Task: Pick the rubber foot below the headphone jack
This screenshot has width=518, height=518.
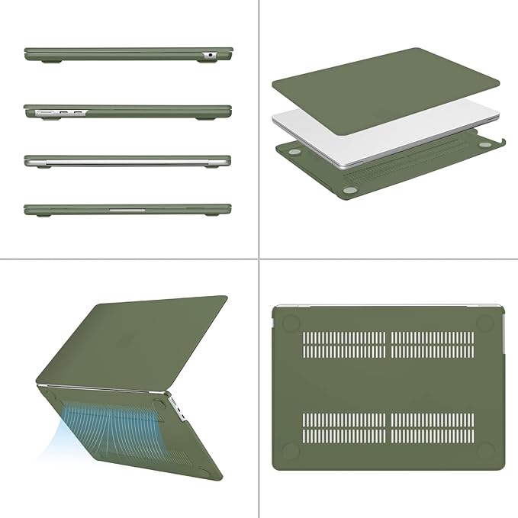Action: pos(206,62)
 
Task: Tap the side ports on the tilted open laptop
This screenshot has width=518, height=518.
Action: pos(181,408)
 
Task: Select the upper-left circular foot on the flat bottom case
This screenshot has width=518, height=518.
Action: pos(291,323)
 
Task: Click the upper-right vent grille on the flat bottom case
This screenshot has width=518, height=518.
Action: pos(433,344)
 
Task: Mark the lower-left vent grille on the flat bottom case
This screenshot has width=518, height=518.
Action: pos(344,429)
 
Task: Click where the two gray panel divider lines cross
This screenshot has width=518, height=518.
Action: pos(259,259)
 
